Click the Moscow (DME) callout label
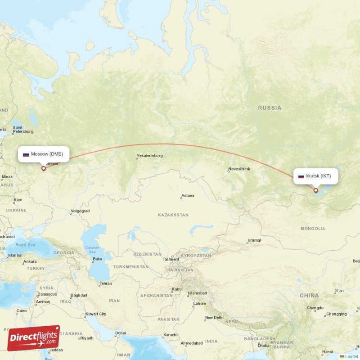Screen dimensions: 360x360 tap(44, 154)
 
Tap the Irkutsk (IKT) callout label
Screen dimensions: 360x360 tap(315, 176)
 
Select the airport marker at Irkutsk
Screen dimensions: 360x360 tap(316, 190)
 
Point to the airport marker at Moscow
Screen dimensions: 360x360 tap(43, 169)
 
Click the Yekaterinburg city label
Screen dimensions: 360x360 tap(150, 156)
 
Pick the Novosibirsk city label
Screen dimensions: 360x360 tap(239, 169)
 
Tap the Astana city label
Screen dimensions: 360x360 tap(188, 196)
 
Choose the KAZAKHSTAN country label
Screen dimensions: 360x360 tap(173, 215)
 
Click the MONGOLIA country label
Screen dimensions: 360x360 tap(313, 229)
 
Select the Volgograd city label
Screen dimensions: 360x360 tap(80, 211)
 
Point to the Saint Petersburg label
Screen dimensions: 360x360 tap(23, 130)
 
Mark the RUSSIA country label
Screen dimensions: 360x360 tap(270, 108)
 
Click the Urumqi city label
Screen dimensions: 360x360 tap(254, 240)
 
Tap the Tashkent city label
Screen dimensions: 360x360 tap(171, 259)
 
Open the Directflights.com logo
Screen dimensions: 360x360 tap(33, 338)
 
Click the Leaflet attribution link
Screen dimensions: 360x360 tap(351, 356)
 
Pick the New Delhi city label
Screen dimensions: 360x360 tap(214, 318)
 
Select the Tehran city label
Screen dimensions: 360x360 tap(106, 283)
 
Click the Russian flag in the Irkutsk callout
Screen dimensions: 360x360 tap(301, 176)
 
